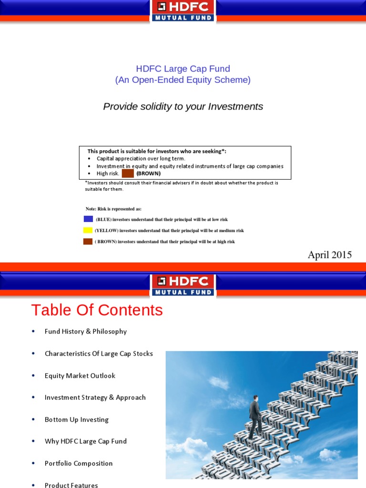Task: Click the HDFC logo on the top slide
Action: [183, 11]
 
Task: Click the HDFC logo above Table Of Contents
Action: [183, 285]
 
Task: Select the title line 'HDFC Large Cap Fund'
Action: [183, 69]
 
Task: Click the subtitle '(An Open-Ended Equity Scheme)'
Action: [183, 80]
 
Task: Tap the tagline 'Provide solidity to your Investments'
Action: [183, 106]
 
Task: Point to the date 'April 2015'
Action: [329, 255]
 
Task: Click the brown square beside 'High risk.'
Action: [128, 173]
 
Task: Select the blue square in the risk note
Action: [88, 219]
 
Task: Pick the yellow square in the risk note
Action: [88, 230]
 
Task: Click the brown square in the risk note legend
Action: [88, 242]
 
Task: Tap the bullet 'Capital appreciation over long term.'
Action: [141, 159]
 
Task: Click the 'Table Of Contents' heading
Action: [97, 310]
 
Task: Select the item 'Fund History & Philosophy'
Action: [86, 331]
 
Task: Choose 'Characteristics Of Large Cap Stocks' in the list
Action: [99, 354]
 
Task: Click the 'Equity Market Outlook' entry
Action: [80, 376]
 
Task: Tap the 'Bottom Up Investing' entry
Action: [77, 419]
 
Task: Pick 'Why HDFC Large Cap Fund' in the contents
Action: [86, 441]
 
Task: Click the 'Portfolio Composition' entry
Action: [79, 463]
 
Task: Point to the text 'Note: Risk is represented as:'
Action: [113, 209]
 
